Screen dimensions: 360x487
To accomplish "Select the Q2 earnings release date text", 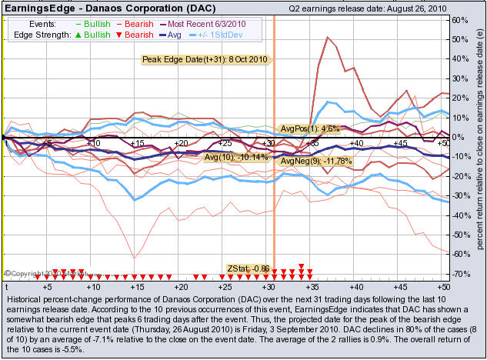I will [370, 8].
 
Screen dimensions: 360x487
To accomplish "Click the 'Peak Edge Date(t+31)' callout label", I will [204, 59].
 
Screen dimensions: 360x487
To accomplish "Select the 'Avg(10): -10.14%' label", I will [236, 157].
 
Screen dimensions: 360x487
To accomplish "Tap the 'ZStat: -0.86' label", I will [248, 268].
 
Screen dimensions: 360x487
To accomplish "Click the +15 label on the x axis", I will [137, 144].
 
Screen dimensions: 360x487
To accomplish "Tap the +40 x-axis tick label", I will [356, 144].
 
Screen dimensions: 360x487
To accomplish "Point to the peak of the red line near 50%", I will [328, 37].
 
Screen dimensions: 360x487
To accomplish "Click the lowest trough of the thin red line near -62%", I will [134, 258].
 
